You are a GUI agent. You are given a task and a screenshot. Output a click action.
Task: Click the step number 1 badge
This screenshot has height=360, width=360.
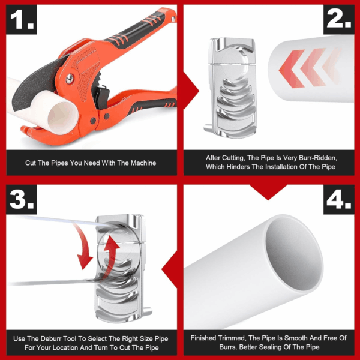point(22,20)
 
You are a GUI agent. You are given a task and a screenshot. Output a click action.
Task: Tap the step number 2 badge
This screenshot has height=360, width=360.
point(339,20)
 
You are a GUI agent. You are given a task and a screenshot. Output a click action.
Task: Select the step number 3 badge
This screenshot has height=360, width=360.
point(22,200)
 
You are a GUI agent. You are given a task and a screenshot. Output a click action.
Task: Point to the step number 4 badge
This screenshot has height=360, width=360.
point(339,200)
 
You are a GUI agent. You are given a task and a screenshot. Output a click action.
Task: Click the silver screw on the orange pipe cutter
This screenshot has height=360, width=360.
point(70,79)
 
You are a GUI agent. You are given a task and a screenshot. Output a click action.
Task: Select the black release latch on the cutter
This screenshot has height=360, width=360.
point(102,97)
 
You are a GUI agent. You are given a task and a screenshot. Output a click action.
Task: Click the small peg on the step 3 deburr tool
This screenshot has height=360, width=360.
point(148,311)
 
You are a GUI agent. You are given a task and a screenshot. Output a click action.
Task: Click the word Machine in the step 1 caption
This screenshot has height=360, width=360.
point(143,163)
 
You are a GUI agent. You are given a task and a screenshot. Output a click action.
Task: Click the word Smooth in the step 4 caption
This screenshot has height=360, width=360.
point(296,338)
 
